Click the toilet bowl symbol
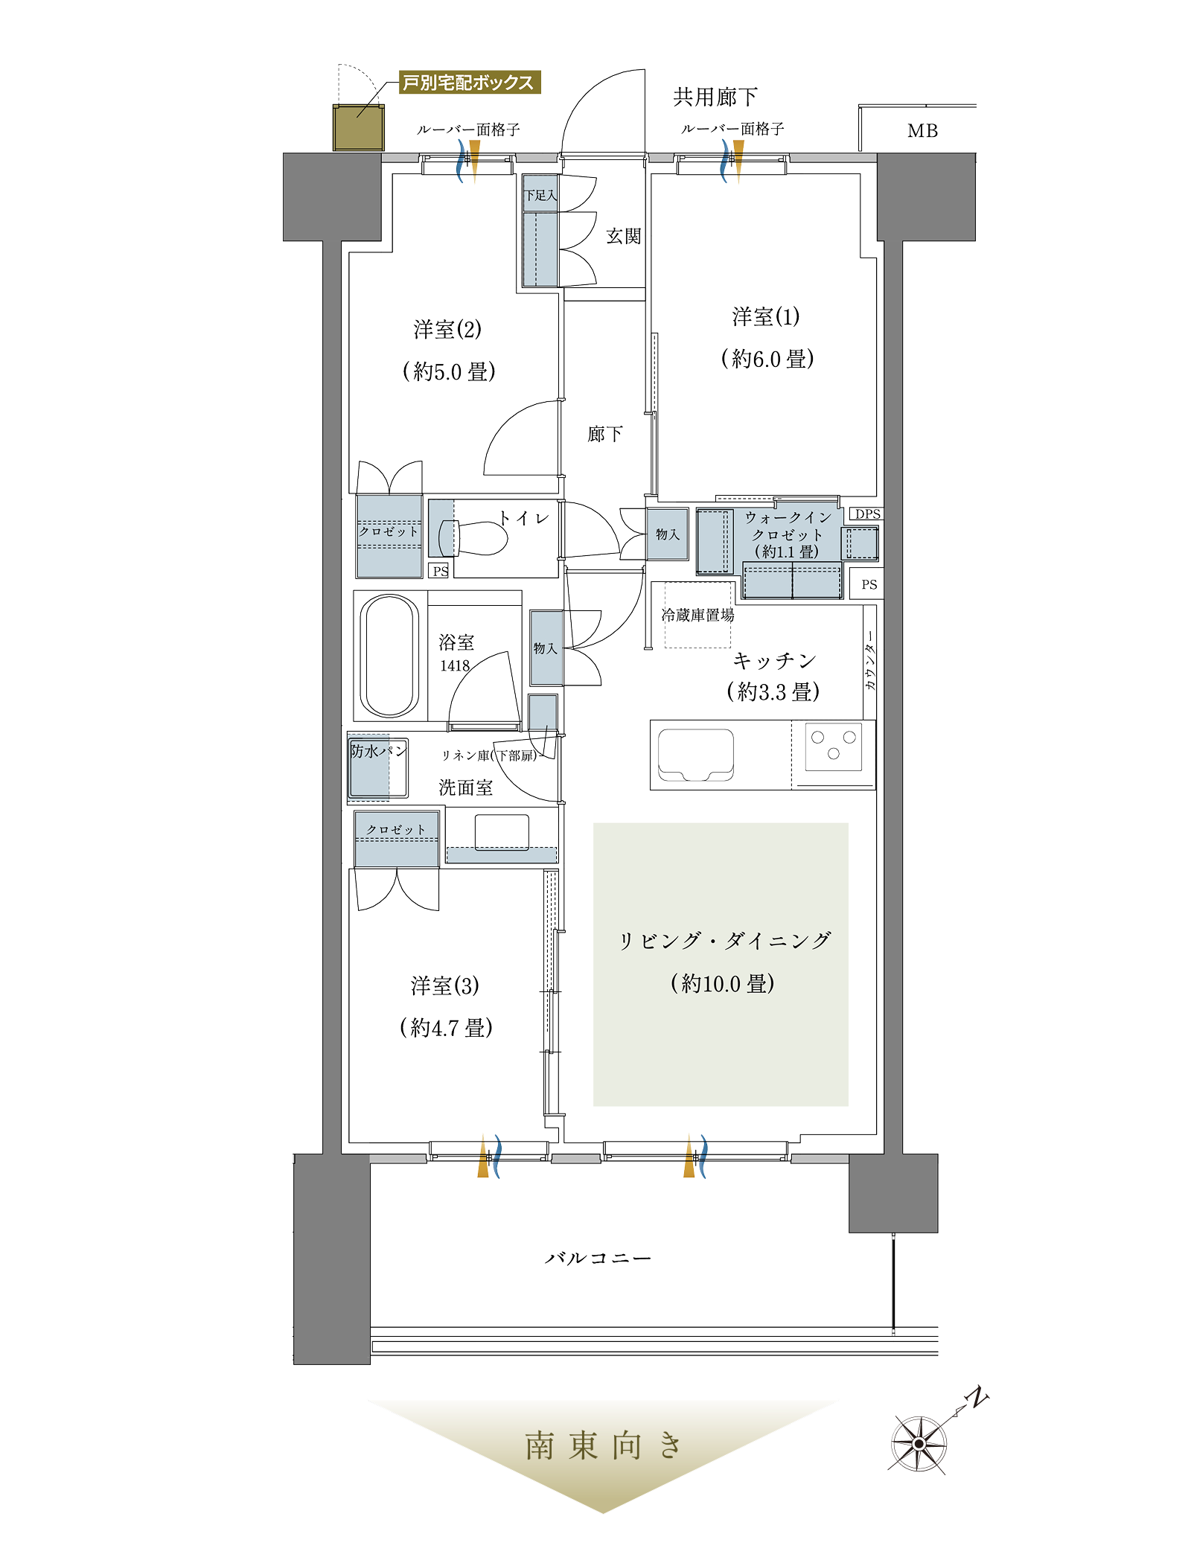click(474, 538)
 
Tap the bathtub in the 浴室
click(389, 656)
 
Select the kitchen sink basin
click(695, 755)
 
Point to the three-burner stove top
click(833, 746)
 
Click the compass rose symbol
click(919, 1444)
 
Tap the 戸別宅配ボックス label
click(469, 82)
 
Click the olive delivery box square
click(359, 127)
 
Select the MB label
click(922, 131)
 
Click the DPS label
click(867, 514)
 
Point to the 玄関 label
click(623, 236)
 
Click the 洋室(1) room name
click(766, 316)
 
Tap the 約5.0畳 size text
click(449, 371)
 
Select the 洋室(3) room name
click(445, 985)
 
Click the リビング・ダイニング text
click(725, 941)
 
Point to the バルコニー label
click(598, 1259)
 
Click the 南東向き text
click(603, 1446)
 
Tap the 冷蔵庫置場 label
click(697, 615)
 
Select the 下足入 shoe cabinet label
click(540, 195)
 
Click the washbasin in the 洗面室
click(502, 832)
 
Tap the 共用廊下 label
click(715, 97)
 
